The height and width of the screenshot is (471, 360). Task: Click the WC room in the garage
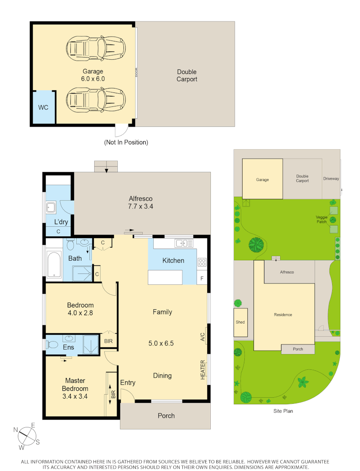tap(43, 107)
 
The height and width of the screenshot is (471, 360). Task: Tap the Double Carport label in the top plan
tap(187, 75)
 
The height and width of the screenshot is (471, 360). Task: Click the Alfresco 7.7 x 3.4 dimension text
tap(141, 206)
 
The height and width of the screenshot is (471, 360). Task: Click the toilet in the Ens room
tap(53, 345)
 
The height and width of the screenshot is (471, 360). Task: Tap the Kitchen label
tap(173, 261)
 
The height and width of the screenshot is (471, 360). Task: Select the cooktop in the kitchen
tap(202, 263)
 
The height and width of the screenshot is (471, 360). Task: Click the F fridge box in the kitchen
tap(202, 278)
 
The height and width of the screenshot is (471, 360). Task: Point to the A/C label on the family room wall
tap(202, 337)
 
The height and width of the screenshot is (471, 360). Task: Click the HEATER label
tap(203, 369)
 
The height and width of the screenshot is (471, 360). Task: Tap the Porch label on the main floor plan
tap(166, 416)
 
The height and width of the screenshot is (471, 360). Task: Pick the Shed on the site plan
tap(240, 322)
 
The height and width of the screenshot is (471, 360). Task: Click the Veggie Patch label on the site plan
tap(322, 219)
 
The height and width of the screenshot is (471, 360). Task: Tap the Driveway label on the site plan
tap(331, 179)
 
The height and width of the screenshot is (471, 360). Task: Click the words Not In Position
tap(126, 142)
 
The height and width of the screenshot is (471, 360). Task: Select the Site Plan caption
tap(284, 411)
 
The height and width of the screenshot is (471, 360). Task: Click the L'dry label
tap(61, 222)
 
